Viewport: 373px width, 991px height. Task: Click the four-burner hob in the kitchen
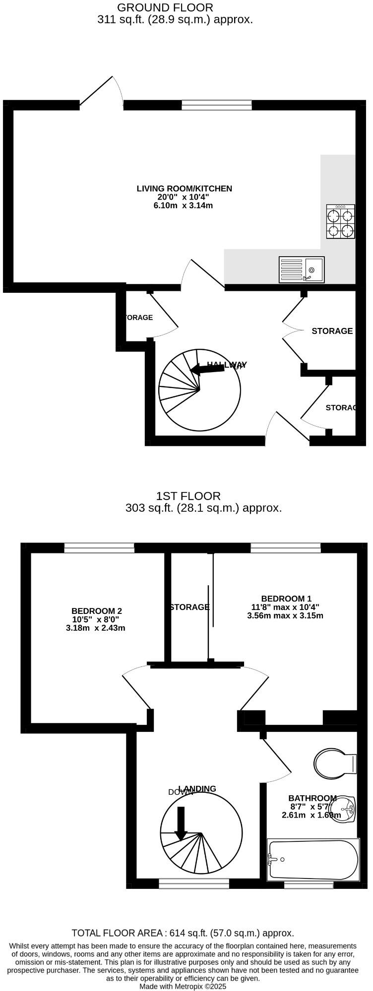tap(340, 222)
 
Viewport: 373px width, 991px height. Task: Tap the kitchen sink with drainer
tap(302, 270)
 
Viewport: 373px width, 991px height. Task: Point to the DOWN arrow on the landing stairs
tap(181, 823)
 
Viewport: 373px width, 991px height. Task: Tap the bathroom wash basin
tap(344, 809)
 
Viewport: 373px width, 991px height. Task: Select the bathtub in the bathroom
tap(312, 859)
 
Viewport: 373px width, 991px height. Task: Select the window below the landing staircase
tap(194, 883)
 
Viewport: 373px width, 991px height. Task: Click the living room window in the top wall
tap(216, 105)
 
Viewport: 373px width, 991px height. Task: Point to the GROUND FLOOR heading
tap(165, 7)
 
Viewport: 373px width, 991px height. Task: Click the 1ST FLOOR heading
tap(188, 496)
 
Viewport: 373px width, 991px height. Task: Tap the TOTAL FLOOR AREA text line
tap(183, 933)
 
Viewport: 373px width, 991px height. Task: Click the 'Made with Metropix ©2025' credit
tap(183, 986)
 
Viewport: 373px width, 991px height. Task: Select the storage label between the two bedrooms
tap(189, 607)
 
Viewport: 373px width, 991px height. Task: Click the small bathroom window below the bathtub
tap(309, 884)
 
